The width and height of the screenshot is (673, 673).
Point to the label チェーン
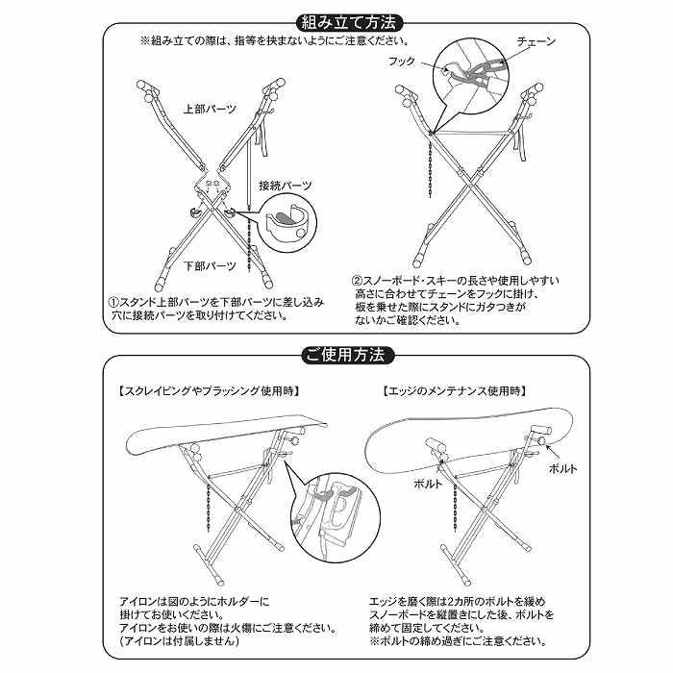tap(536, 42)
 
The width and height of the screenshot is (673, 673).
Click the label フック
tap(401, 61)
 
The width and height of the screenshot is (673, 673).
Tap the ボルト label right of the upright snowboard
tap(561, 468)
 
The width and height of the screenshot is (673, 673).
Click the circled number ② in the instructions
tap(357, 281)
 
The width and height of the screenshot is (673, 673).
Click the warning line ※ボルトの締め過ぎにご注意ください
tap(459, 640)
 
